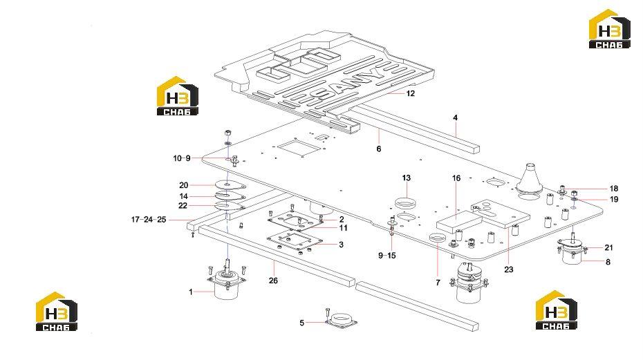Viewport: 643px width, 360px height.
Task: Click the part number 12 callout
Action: pos(411,93)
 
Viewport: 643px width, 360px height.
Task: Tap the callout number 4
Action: pos(455,117)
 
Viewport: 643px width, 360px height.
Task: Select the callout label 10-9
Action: pos(182,158)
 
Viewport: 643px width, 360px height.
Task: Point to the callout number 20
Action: pos(183,185)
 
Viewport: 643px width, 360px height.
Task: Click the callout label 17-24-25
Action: pos(149,220)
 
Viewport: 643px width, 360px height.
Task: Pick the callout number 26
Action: pos(273,281)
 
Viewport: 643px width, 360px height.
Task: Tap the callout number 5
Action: pos(302,323)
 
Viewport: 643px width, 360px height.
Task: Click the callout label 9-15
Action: pos(387,256)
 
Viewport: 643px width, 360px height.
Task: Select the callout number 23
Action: pos(508,269)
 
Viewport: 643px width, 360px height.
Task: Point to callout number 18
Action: pos(614,189)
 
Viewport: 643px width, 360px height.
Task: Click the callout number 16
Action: pos(456,178)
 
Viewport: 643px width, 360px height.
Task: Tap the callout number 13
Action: pos(407,178)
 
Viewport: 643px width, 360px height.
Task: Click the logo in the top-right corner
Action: pos(609,29)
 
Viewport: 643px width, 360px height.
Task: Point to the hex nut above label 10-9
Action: pos(228,133)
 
